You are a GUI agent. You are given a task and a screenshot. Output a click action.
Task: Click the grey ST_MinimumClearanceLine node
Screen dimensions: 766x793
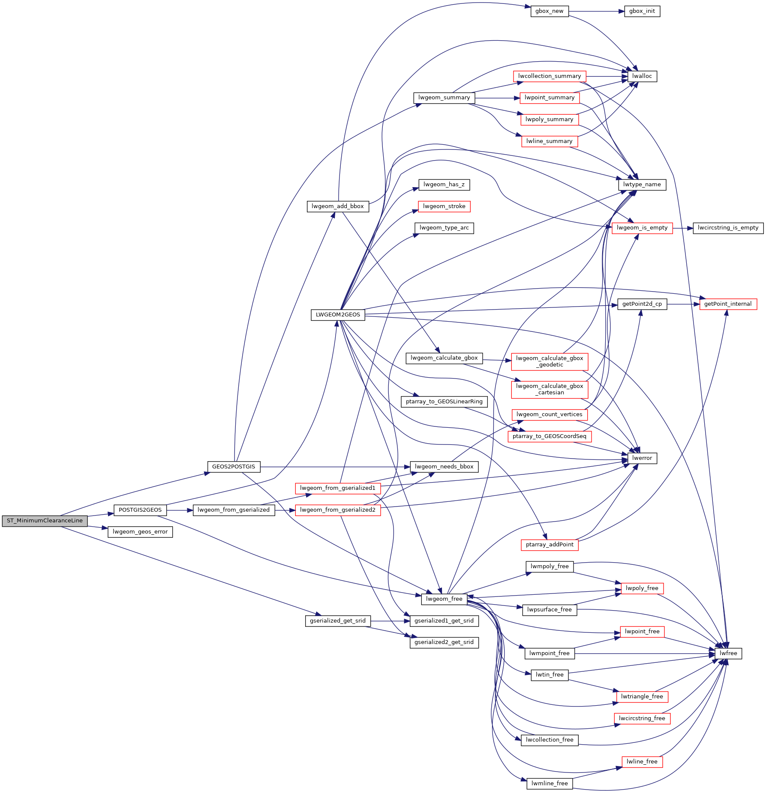pos(45,521)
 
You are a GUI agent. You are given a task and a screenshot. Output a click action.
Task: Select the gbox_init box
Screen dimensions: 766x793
pos(642,11)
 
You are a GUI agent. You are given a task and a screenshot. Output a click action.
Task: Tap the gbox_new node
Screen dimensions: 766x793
pos(550,11)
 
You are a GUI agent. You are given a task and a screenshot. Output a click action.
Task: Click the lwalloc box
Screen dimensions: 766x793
pos(642,76)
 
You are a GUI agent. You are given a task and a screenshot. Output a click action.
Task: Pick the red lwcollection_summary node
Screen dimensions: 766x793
pos(550,76)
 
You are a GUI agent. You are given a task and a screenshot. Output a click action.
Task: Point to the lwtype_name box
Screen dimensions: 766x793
pos(642,185)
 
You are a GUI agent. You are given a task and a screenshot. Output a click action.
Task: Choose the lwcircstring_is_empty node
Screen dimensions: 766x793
pos(728,228)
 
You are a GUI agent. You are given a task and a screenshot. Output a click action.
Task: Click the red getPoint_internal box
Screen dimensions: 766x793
pos(728,304)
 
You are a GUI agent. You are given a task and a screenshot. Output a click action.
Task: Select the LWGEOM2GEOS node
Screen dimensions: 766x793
pos(338,315)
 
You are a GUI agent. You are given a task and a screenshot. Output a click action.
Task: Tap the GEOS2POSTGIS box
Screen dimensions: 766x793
pos(234,467)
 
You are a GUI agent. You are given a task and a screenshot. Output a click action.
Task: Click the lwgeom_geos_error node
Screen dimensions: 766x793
pos(140,532)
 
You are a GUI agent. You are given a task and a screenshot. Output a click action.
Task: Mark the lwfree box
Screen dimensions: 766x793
pos(728,653)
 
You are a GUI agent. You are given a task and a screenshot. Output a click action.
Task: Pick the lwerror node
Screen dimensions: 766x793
pos(642,458)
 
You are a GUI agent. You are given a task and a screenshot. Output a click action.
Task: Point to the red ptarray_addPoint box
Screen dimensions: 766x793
pos(550,545)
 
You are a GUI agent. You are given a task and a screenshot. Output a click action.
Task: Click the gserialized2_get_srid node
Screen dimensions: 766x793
pos(444,642)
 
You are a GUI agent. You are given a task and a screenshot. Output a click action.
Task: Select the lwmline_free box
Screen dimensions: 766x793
pos(550,784)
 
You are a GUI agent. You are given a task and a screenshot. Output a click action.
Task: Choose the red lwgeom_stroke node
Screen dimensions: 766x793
pos(444,206)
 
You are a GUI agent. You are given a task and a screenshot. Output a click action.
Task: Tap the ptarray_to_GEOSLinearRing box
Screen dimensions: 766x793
pos(444,402)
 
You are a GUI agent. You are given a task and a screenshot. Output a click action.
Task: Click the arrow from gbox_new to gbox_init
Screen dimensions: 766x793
pos(596,11)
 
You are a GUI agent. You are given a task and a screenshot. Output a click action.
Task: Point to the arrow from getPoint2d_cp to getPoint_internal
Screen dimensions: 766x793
pos(683,304)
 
